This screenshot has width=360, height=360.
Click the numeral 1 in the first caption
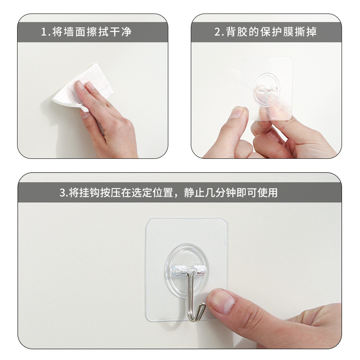click(x=44, y=32)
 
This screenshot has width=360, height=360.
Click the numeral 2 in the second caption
click(x=217, y=32)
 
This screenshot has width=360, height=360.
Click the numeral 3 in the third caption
click(x=62, y=193)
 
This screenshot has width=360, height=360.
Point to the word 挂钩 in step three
click(x=90, y=193)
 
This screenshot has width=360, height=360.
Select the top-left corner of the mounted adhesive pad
click(x=148, y=221)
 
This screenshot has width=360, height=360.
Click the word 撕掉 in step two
click(x=307, y=32)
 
